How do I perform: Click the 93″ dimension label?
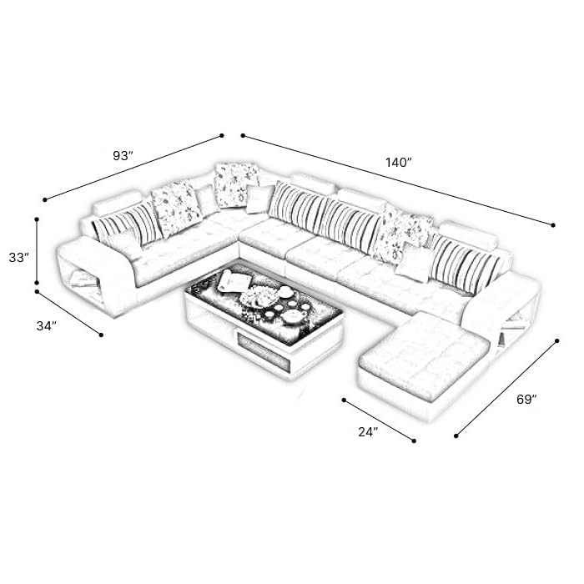point(123,156)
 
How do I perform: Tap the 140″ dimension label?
point(398,163)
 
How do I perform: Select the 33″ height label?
point(18,257)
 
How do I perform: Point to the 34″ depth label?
point(47,326)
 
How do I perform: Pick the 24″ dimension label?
point(369,431)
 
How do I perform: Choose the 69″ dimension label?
point(526,400)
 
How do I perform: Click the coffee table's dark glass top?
point(264,298)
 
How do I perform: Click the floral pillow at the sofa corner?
point(235,184)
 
